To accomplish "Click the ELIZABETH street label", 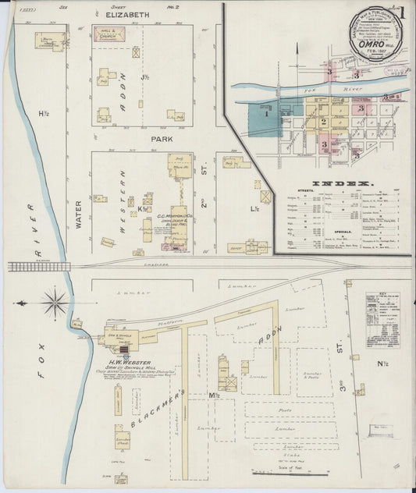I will tap(128, 14).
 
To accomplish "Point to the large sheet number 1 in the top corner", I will tap(402, 13).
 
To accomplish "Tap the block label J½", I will tap(144, 77).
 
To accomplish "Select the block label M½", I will tap(214, 395).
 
